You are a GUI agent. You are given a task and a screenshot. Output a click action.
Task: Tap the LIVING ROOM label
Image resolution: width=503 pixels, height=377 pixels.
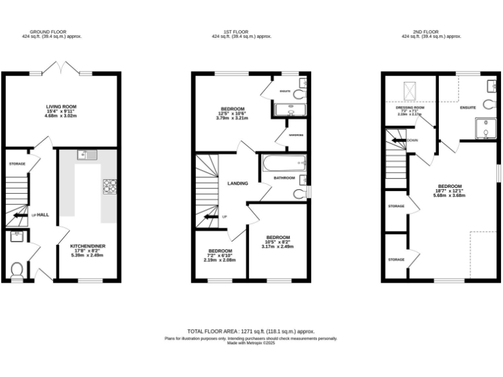[x=62, y=106]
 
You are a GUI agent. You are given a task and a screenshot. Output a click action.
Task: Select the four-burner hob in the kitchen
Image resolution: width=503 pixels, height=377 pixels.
[x=109, y=187]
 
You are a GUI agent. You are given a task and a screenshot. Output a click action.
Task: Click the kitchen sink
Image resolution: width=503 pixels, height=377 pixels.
[x=86, y=155]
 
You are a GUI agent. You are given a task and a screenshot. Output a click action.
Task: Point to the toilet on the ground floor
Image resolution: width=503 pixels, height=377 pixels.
[x=18, y=268]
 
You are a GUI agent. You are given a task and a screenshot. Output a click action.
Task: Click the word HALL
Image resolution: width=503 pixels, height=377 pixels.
[x=43, y=215]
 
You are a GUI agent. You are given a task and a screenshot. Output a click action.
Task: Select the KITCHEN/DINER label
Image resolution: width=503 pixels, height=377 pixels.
[x=87, y=247]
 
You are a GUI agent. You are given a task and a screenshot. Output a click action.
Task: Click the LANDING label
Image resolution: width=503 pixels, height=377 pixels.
[x=237, y=183]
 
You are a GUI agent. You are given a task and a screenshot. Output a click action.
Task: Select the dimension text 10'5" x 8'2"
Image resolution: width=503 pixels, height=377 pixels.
[x=278, y=242]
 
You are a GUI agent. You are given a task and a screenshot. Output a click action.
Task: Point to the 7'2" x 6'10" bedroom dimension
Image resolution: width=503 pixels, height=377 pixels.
[x=220, y=255]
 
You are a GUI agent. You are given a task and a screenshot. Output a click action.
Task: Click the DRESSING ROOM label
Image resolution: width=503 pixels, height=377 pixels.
[x=410, y=107]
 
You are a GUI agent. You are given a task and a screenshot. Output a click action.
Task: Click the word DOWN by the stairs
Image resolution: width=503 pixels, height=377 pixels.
[x=413, y=140]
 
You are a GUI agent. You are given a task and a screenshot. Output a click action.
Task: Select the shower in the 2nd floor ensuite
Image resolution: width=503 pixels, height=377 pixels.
[x=485, y=128]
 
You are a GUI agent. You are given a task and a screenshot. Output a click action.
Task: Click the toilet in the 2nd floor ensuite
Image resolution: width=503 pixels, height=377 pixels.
[x=488, y=104]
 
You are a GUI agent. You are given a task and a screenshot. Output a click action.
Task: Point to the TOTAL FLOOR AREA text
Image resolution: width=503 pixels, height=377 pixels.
[x=251, y=332]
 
